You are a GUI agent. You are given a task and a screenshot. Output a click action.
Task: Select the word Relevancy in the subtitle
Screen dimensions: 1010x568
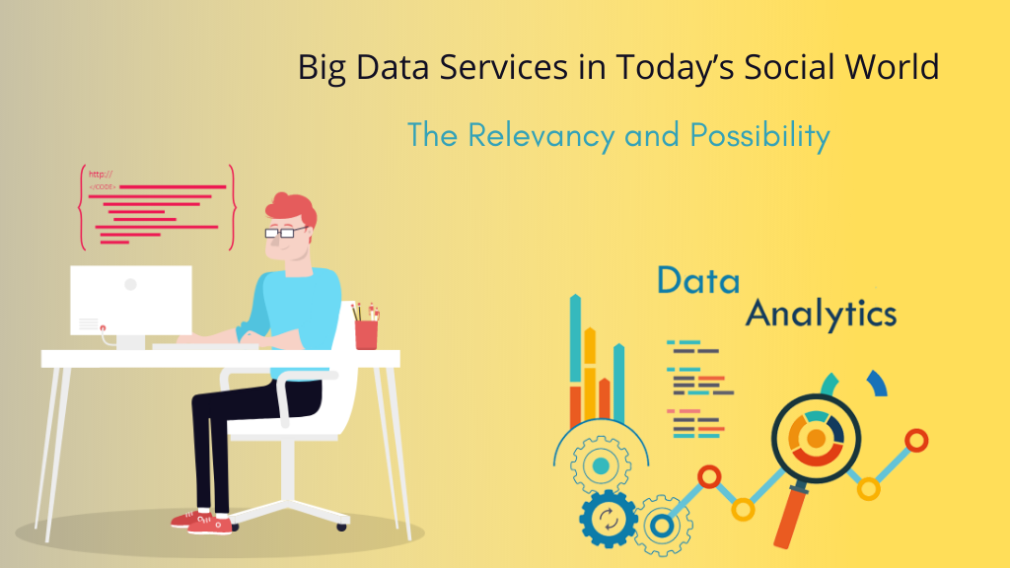tap(541, 136)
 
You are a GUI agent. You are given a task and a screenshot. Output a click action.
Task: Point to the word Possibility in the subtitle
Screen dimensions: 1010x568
tap(759, 136)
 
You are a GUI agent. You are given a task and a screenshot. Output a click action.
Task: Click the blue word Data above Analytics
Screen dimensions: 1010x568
tap(698, 281)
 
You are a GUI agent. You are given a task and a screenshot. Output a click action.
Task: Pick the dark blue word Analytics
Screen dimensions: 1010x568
tap(822, 315)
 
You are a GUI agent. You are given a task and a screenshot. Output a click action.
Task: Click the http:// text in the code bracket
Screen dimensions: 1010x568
tap(101, 174)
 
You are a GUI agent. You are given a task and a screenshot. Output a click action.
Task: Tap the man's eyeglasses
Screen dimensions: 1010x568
tap(286, 232)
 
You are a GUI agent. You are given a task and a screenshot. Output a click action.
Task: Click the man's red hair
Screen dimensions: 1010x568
tap(291, 207)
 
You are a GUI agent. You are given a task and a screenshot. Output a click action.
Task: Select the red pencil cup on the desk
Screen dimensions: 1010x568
tap(366, 335)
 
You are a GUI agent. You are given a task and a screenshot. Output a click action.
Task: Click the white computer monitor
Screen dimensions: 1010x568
tap(131, 300)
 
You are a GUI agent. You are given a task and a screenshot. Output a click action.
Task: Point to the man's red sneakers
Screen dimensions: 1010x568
tap(203, 522)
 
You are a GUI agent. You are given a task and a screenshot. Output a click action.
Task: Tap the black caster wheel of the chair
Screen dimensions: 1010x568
tap(341, 527)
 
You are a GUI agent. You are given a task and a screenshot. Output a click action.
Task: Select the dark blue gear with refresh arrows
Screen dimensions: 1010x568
tap(608, 519)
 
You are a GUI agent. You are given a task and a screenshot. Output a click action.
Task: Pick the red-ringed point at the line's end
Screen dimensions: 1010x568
tap(916, 441)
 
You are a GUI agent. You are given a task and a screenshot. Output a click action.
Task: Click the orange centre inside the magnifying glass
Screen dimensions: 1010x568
tap(816, 439)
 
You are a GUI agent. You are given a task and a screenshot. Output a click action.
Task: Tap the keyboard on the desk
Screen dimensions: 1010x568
tap(205, 346)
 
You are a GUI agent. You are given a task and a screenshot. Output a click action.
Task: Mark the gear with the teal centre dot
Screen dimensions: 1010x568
tap(601, 465)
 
